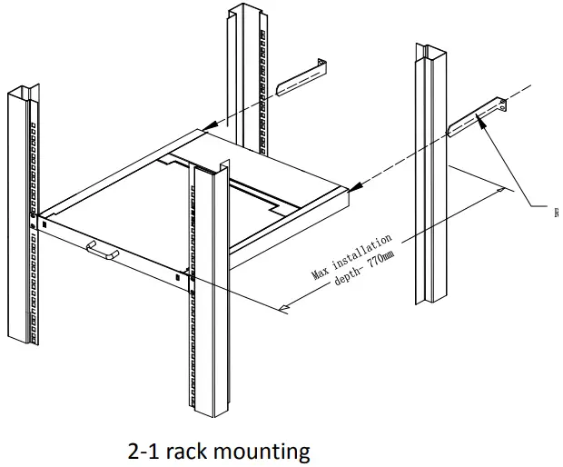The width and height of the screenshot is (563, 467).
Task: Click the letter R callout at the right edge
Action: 556,213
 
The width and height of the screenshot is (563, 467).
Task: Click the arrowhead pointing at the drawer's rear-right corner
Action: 358,187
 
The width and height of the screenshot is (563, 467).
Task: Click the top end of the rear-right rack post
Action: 431,46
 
